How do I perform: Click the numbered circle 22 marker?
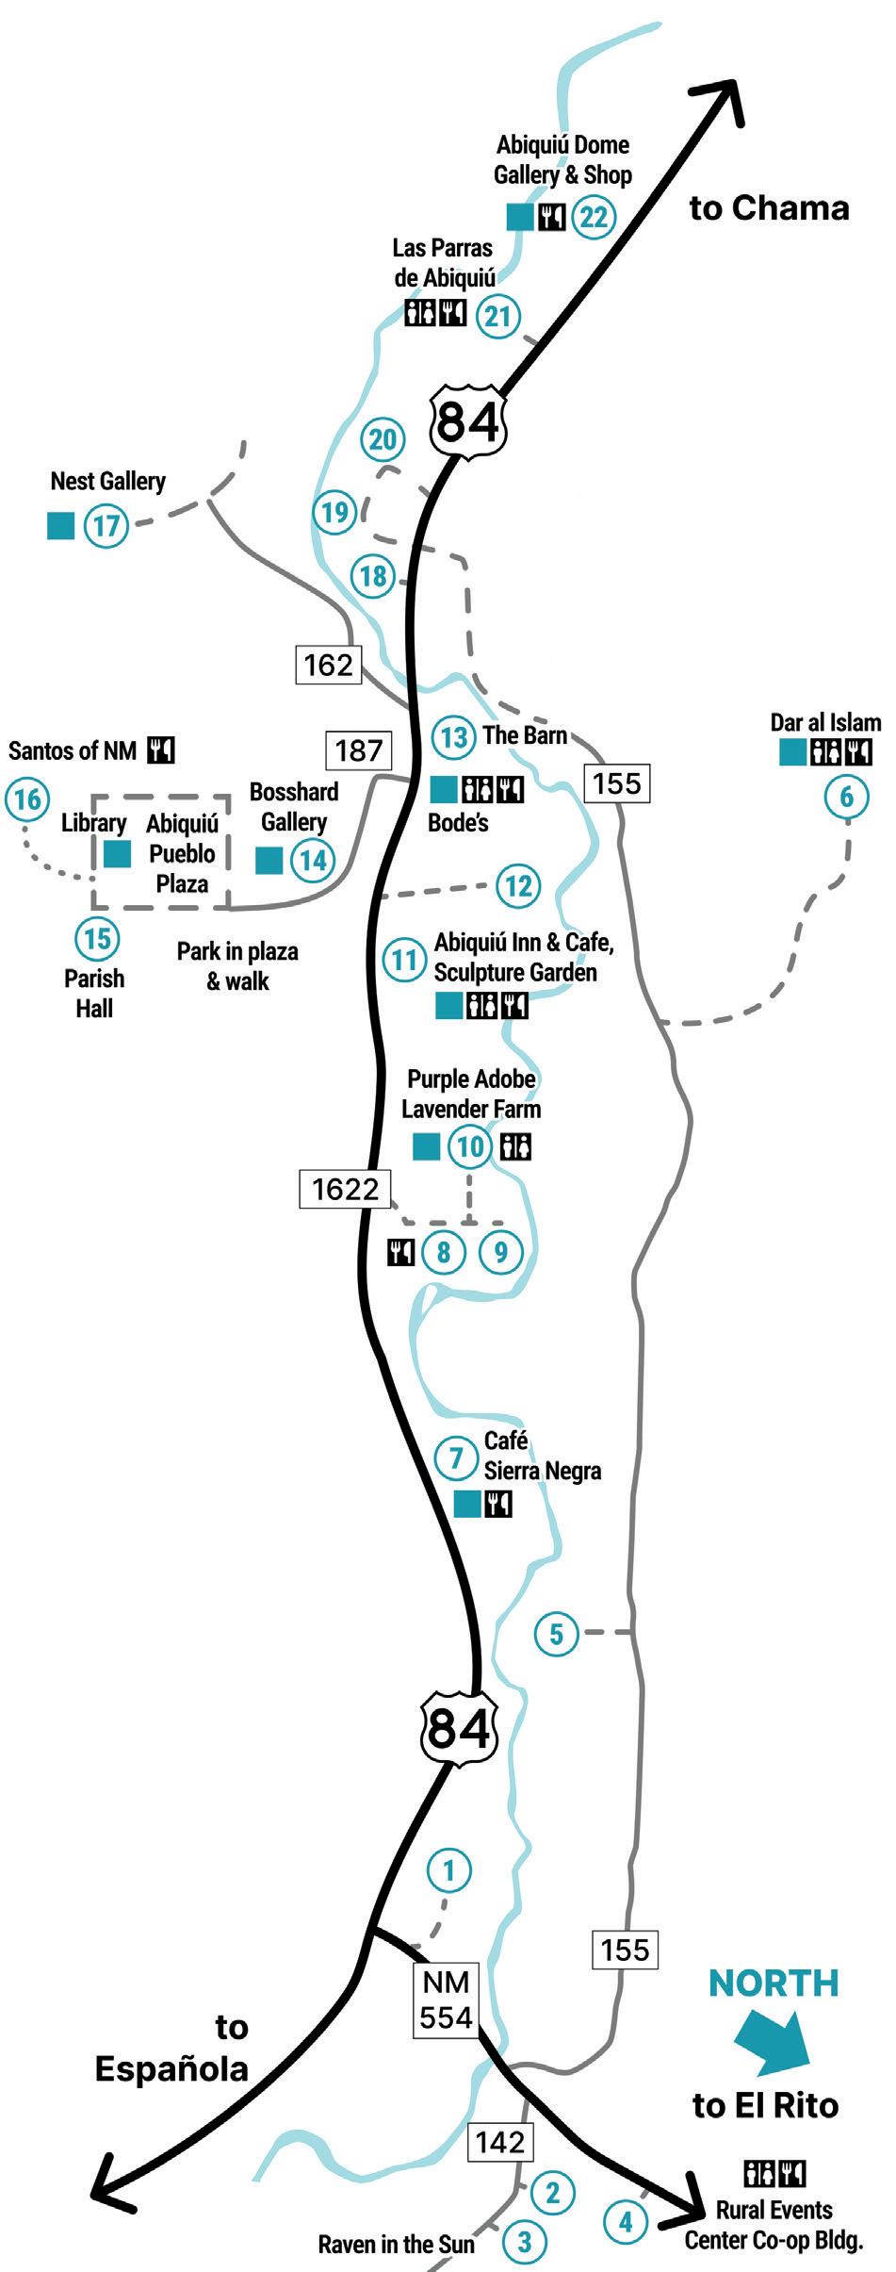tap(595, 217)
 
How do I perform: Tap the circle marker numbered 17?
tap(106, 524)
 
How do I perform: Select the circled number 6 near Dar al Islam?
tap(846, 797)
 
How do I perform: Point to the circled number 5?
tap(556, 1632)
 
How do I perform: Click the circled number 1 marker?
tap(448, 1869)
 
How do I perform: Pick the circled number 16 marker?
tap(26, 799)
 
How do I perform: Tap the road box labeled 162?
tap(329, 666)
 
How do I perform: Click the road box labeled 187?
tap(359, 750)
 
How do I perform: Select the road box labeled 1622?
tap(345, 1189)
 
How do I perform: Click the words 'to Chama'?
tap(769, 207)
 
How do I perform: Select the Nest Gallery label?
tap(107, 481)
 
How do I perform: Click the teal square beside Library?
tap(117, 853)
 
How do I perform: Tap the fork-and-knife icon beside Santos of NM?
tap(161, 750)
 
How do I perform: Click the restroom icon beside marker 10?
tap(516, 1146)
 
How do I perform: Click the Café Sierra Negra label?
tap(542, 1456)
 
